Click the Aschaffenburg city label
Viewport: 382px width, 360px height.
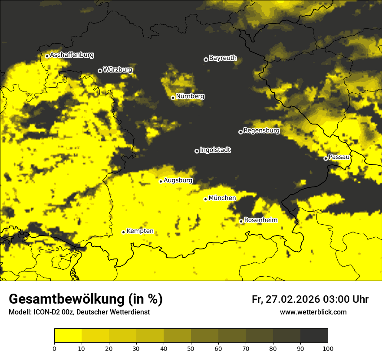(72, 55)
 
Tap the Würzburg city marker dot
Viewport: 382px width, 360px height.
(100, 71)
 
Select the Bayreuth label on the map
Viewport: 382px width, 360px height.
(223, 58)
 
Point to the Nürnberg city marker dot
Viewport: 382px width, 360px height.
(173, 98)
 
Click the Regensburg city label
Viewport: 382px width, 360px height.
(261, 131)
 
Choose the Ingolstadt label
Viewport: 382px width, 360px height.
(215, 150)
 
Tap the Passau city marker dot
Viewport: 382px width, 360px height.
(326, 158)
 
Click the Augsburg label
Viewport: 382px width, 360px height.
(178, 180)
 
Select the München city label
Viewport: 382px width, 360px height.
(222, 198)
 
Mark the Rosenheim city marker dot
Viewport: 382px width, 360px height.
(241, 221)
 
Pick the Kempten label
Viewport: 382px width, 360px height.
(140, 231)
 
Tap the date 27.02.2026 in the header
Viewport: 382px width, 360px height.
(293, 299)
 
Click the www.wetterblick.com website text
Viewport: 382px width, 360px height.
(313, 312)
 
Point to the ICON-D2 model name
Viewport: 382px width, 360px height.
(43, 312)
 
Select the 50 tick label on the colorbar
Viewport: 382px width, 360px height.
(191, 348)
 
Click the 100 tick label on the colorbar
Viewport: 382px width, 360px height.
(328, 348)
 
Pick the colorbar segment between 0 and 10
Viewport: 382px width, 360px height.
(68, 336)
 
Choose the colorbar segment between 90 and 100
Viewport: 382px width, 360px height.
(314, 336)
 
